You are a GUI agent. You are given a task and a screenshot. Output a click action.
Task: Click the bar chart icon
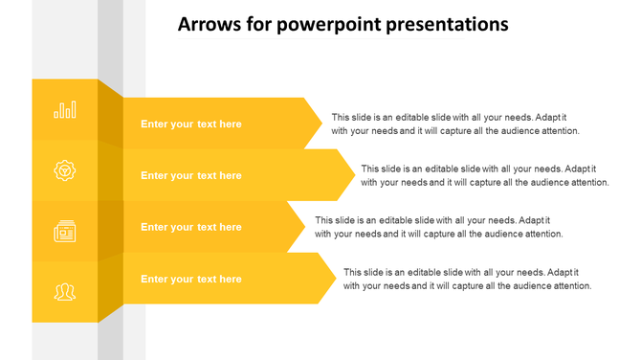pos(65,110)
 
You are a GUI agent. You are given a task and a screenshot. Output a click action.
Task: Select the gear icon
pos(65,170)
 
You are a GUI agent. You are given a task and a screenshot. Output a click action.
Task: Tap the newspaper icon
pos(65,231)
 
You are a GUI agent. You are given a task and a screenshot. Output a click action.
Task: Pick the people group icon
pos(65,291)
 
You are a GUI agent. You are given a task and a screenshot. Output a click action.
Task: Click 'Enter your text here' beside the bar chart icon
pos(191,124)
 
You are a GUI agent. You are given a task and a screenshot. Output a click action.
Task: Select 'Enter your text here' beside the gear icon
pos(191,176)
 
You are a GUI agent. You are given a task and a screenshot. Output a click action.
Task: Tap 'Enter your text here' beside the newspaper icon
pos(191,228)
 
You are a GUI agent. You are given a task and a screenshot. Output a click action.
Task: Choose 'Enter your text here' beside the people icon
pos(191,280)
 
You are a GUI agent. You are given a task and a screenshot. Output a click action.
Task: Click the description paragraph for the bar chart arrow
pos(455,124)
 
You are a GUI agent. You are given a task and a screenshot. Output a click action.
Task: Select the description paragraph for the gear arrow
pos(485,175)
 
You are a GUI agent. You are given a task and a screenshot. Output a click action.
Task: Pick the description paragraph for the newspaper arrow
pos(438,227)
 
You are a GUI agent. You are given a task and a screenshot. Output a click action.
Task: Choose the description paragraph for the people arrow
pos(468,279)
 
